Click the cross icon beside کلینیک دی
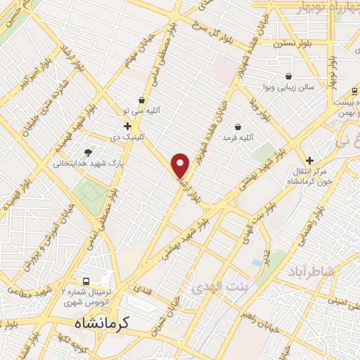click(x=127, y=125)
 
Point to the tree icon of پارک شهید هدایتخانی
click(x=87, y=152)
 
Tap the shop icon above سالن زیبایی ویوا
click(x=289, y=76)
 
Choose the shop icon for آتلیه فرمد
click(x=238, y=127)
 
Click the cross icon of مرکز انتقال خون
click(x=308, y=160)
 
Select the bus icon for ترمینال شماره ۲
click(x=86, y=280)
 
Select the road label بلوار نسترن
click(x=290, y=42)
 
